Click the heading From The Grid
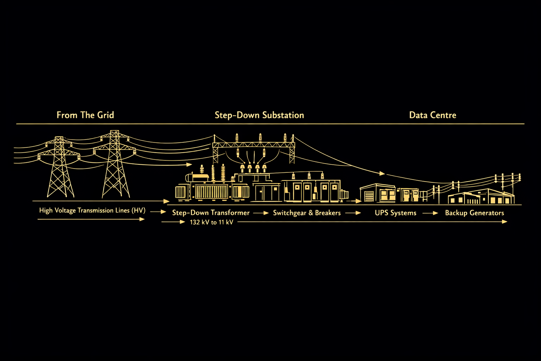point(85,115)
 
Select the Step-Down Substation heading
point(259,115)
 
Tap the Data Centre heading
point(433,115)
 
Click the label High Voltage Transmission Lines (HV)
point(92,210)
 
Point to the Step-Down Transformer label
point(211,213)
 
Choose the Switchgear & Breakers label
point(307,213)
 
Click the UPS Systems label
point(396,213)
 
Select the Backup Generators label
point(474,213)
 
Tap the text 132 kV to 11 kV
point(211,222)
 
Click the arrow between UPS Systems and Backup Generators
point(430,213)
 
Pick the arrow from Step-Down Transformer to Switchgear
point(261,213)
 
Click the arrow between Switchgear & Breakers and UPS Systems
point(353,213)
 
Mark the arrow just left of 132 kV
point(173,222)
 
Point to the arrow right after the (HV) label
point(158,212)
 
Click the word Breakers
point(328,213)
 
